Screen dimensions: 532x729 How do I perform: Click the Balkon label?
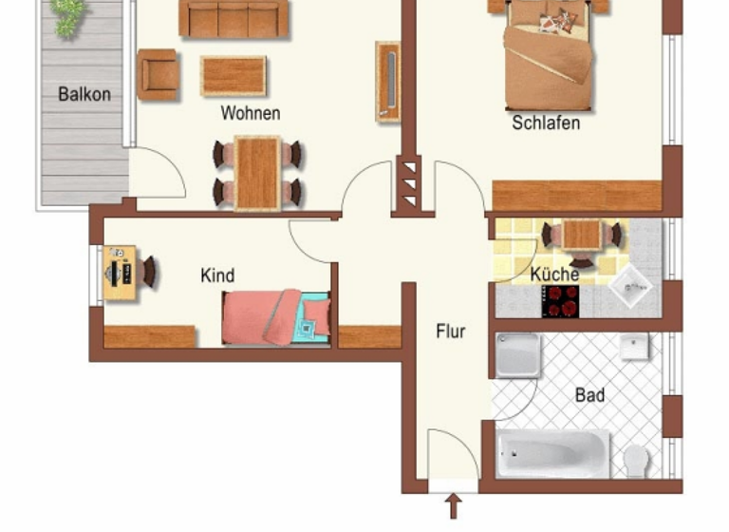click(x=84, y=94)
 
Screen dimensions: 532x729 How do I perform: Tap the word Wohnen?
click(x=251, y=113)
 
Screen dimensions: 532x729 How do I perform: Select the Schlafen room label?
click(x=546, y=123)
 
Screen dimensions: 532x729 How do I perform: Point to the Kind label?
click(x=217, y=275)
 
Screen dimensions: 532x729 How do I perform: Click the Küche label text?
click(x=555, y=275)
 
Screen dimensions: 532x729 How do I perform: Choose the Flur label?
click(x=451, y=332)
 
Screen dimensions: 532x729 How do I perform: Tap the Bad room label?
click(x=589, y=394)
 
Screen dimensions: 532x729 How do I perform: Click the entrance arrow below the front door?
click(x=453, y=505)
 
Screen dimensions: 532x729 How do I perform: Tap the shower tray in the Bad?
click(x=518, y=355)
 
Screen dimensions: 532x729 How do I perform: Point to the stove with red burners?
click(x=560, y=301)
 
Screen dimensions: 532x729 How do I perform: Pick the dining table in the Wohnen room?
click(x=258, y=172)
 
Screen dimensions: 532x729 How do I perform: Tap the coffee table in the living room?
click(x=233, y=76)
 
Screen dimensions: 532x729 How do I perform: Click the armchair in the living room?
click(x=158, y=74)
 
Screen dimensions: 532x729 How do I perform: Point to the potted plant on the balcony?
click(x=67, y=16)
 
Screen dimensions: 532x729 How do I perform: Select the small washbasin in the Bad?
click(x=634, y=348)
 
